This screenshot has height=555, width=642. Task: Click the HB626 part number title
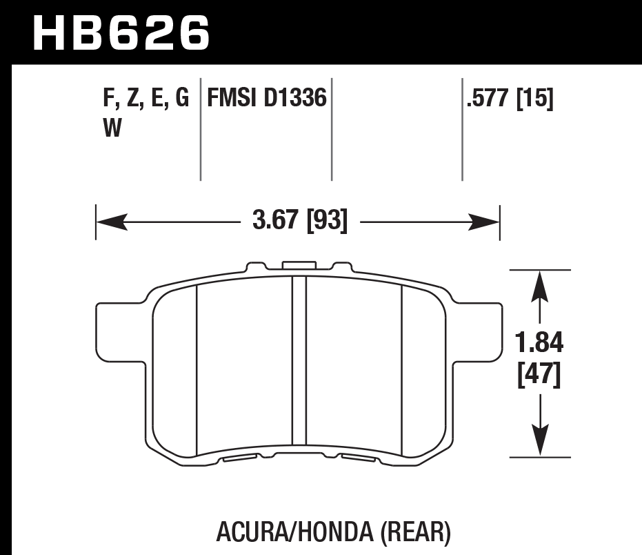pyautogui.click(x=121, y=32)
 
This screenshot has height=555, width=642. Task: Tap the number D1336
pyautogui.click(x=295, y=99)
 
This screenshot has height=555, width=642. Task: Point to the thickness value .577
pyautogui.click(x=487, y=99)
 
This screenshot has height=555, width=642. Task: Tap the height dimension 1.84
pyautogui.click(x=540, y=342)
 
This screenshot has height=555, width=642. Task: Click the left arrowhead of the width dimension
pyautogui.click(x=110, y=222)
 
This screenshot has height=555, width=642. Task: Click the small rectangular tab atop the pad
pyautogui.click(x=299, y=265)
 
